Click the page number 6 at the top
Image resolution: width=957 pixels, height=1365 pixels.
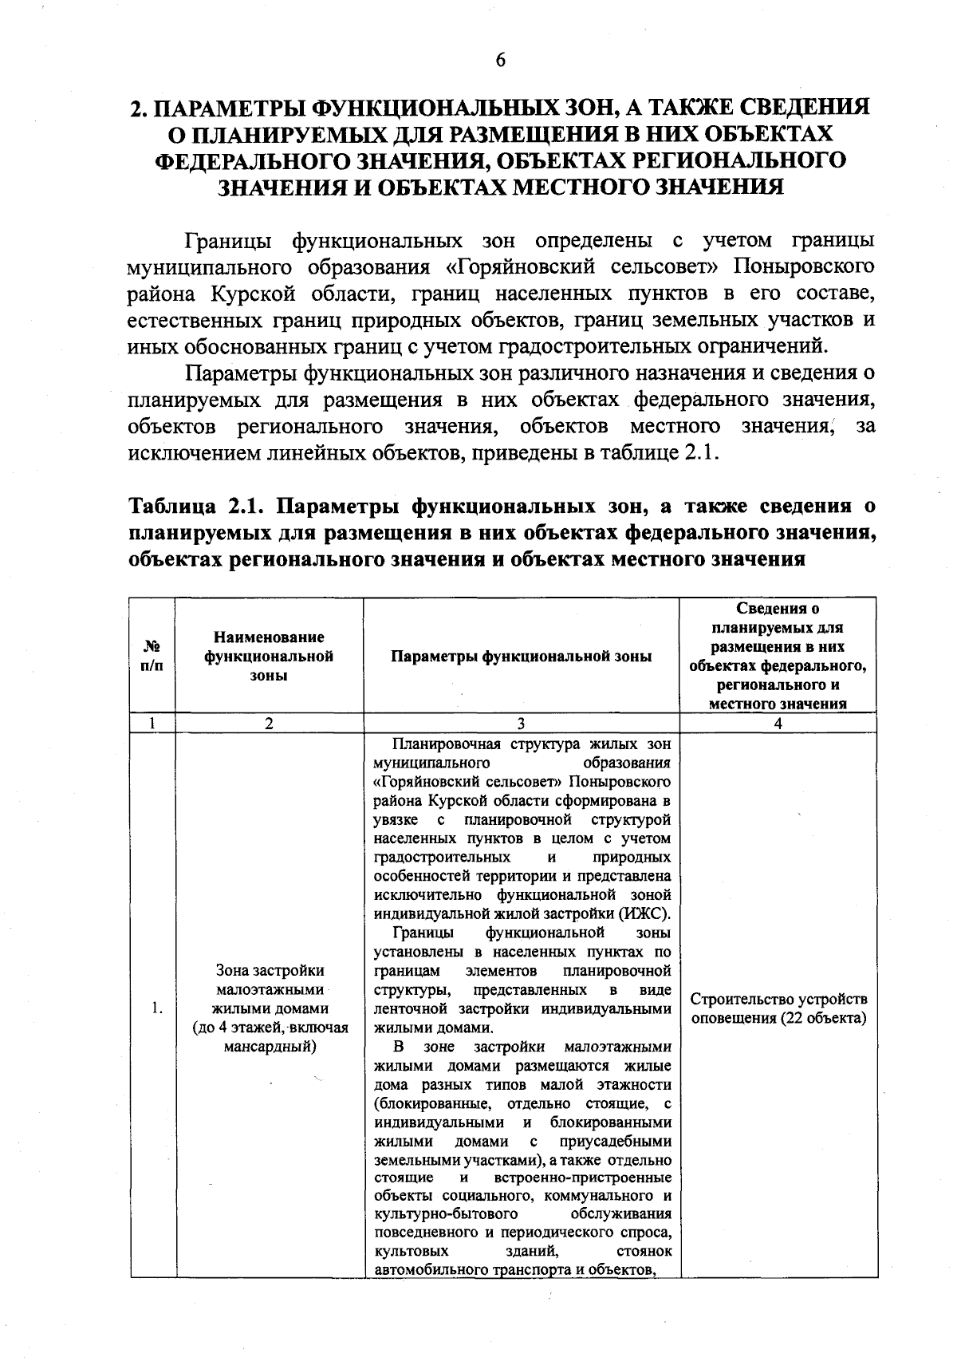pyautogui.click(x=501, y=61)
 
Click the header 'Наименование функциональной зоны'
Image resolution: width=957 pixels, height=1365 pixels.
pyautogui.click(x=269, y=656)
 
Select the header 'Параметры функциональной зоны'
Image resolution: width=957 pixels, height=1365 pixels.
pyautogui.click(x=522, y=656)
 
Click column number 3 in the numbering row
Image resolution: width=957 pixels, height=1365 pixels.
pyautogui.click(x=521, y=724)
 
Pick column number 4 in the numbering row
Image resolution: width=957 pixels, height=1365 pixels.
pyautogui.click(x=778, y=724)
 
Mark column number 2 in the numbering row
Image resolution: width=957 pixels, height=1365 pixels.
pyautogui.click(x=269, y=724)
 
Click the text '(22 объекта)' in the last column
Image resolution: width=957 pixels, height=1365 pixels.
pyautogui.click(x=824, y=1019)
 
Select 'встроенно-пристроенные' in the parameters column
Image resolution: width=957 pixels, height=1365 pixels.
pyautogui.click(x=583, y=1178)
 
